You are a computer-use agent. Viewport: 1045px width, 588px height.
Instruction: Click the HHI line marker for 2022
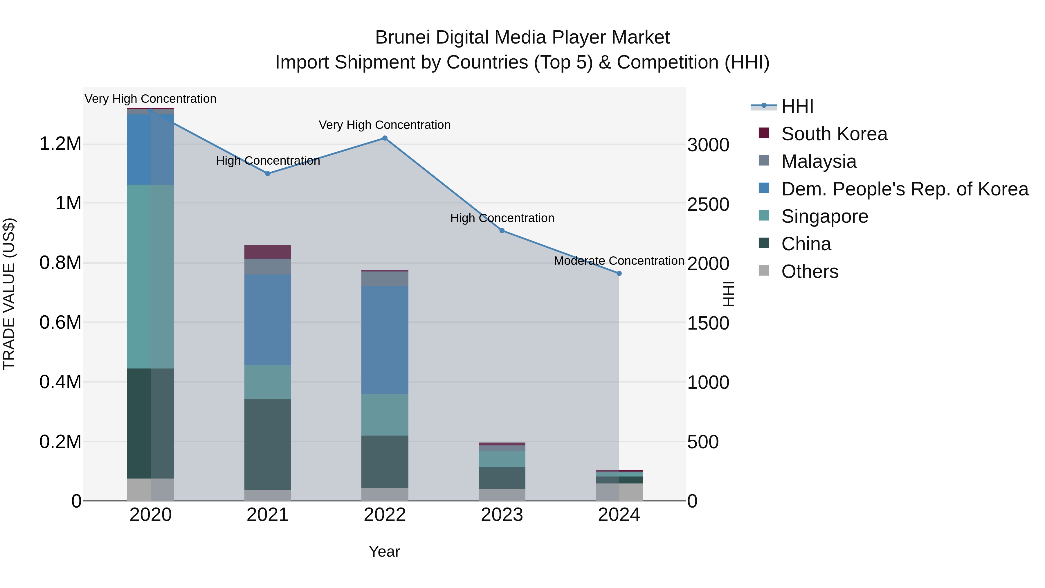(x=385, y=138)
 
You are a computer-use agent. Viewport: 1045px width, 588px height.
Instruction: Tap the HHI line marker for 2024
(x=619, y=274)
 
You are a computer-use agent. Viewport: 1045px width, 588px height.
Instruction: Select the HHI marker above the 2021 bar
(x=268, y=174)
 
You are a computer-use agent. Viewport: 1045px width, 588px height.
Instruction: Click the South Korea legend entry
(x=834, y=134)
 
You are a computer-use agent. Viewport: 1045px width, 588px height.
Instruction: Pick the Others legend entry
(x=809, y=271)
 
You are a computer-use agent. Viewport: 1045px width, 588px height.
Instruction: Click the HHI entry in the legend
(x=797, y=106)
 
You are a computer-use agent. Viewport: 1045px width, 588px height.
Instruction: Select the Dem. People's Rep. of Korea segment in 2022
(x=385, y=340)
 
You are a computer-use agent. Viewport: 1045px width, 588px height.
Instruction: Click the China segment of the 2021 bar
(x=268, y=444)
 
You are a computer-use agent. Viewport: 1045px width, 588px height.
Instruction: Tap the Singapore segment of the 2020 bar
(x=150, y=277)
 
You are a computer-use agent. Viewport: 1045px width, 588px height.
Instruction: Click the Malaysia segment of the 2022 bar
(x=385, y=279)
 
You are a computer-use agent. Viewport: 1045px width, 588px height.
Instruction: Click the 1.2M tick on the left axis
(x=60, y=144)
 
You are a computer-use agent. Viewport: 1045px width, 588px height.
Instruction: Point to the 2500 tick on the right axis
(x=708, y=204)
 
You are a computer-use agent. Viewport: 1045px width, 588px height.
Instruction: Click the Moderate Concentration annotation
(x=619, y=261)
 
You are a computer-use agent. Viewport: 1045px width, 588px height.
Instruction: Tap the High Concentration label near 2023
(x=502, y=218)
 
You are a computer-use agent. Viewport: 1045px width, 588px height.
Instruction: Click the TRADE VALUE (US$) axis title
(x=9, y=294)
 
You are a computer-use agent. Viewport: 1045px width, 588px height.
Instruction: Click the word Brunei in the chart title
(x=402, y=38)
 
